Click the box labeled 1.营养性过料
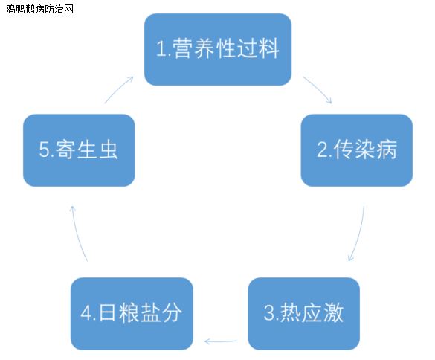(218, 49)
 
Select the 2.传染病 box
(357, 150)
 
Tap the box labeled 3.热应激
(304, 314)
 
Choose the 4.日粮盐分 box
(132, 314)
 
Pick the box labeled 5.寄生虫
(79, 150)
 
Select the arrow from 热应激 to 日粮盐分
(221, 341)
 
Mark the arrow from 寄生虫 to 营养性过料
(118, 89)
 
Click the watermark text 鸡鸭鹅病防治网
(39, 9)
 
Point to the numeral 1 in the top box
(161, 49)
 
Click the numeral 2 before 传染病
(323, 150)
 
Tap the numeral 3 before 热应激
(269, 313)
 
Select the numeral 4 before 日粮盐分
(86, 313)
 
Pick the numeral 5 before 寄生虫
(44, 150)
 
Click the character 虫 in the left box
(109, 150)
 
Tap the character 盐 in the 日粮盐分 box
(150, 312)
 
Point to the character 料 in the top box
(269, 48)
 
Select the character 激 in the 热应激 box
(334, 312)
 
